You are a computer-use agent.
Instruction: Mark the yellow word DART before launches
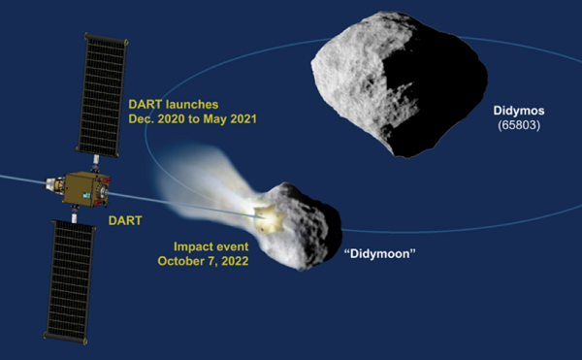(148, 104)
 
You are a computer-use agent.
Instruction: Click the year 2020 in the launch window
(178, 119)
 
